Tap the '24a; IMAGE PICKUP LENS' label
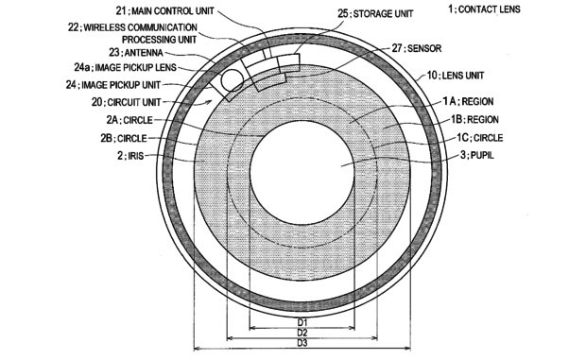[122, 68]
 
